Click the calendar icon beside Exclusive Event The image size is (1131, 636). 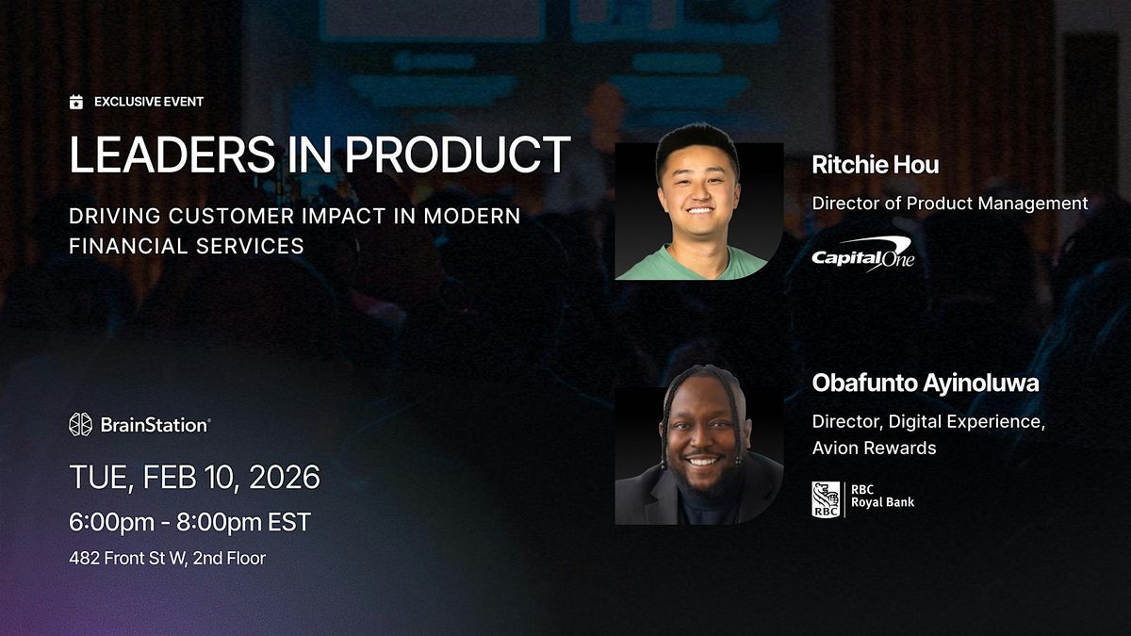76,102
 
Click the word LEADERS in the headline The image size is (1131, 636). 172,155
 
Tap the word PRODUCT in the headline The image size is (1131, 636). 458,155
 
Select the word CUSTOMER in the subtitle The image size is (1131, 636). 231,216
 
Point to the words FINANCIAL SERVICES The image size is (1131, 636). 187,246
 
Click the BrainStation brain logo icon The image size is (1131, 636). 81,425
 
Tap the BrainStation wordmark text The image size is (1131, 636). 156,425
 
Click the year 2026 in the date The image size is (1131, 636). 285,477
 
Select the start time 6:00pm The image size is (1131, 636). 111,522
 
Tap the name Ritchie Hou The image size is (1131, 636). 876,165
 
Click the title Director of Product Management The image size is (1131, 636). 950,203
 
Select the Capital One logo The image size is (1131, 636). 863,254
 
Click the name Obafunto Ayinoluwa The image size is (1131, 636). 926,383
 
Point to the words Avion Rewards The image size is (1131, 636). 874,448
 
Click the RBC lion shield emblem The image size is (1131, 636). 826,499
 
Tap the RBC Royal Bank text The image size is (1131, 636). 882,496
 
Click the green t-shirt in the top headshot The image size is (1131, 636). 691,265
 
